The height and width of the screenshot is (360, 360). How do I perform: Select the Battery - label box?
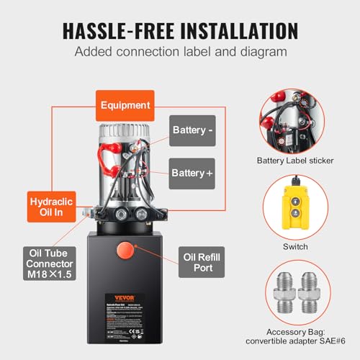click(192, 131)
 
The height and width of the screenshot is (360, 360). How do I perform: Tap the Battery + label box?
click(192, 173)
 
